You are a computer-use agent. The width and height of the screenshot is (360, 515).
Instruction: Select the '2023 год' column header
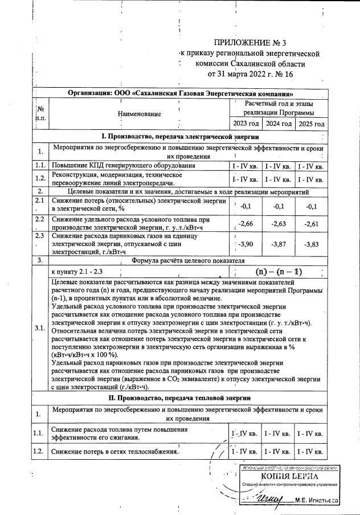click(x=246, y=124)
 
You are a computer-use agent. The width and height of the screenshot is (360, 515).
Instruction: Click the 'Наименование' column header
click(x=139, y=113)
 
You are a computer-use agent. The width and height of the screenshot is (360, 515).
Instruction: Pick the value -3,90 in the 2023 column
click(x=245, y=243)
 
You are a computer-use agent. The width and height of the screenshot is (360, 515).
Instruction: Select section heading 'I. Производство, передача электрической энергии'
click(x=180, y=137)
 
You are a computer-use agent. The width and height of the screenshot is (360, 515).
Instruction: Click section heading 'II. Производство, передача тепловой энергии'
click(x=180, y=397)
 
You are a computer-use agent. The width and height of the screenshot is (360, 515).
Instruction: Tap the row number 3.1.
click(x=39, y=329)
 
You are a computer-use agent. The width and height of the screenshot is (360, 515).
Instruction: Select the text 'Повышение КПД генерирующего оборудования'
click(x=124, y=165)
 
